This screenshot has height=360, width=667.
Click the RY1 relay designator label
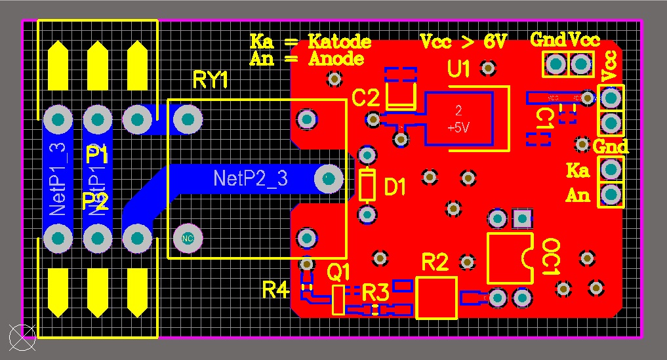[211, 80]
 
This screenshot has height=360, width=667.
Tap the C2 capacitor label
[365, 98]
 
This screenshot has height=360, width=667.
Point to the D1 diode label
[395, 189]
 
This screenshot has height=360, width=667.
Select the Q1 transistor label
[338, 270]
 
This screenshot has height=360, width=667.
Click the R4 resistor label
[275, 289]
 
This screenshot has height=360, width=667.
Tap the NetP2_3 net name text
[251, 178]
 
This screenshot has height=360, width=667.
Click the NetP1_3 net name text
[58, 179]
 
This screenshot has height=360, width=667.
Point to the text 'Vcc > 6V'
[463, 42]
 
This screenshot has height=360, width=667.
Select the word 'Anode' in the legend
[336, 59]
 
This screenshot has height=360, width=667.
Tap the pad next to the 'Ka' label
[611, 170]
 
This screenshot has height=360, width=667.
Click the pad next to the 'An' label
[611, 194]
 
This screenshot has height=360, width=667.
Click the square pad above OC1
[522, 218]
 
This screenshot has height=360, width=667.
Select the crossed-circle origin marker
[22, 338]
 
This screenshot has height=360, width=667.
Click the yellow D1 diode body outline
[367, 184]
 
